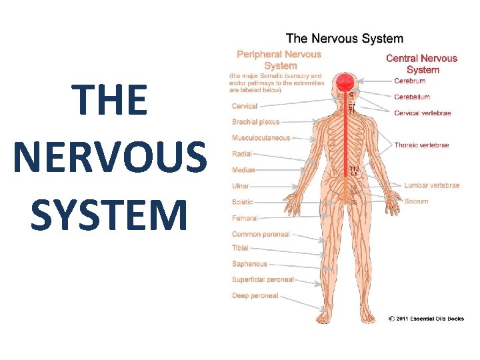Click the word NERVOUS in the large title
[110, 158]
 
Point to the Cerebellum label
[412, 97]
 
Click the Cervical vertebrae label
[423, 113]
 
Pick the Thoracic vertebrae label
[421, 145]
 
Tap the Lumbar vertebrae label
[432, 185]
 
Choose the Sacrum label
[417, 201]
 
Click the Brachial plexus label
[256, 122]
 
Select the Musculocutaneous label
[261, 138]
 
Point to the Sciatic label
[243, 202]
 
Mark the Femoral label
[245, 218]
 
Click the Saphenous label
[249, 264]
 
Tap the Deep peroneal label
[255, 295]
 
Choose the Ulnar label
[241, 186]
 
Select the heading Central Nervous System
[422, 64]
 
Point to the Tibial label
[241, 248]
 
